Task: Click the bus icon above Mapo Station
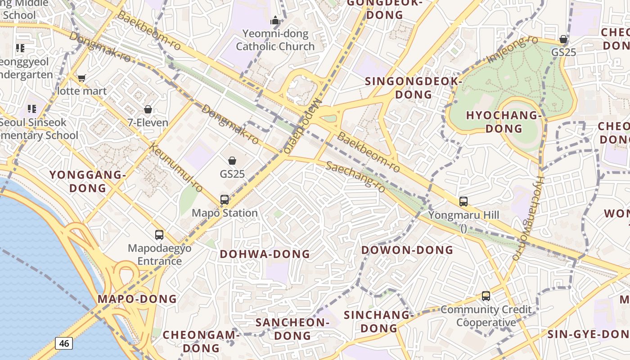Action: (x=224, y=200)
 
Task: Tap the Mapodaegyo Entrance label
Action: (x=160, y=255)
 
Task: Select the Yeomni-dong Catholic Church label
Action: (x=275, y=40)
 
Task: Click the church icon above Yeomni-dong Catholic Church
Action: (x=275, y=20)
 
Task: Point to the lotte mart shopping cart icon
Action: (x=81, y=78)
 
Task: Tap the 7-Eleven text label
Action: (x=148, y=122)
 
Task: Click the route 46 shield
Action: (x=64, y=343)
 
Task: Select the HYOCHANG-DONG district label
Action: (x=504, y=122)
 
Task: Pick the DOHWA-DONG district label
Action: (x=265, y=254)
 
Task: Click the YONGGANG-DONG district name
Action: (x=87, y=181)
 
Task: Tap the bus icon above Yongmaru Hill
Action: (x=463, y=202)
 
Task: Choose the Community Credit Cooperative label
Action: (x=486, y=316)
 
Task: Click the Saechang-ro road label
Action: (x=355, y=176)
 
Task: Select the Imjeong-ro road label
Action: (x=512, y=49)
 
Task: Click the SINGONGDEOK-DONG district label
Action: (x=414, y=88)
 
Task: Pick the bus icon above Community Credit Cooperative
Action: (x=486, y=296)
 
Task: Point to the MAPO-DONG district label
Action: (x=137, y=299)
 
